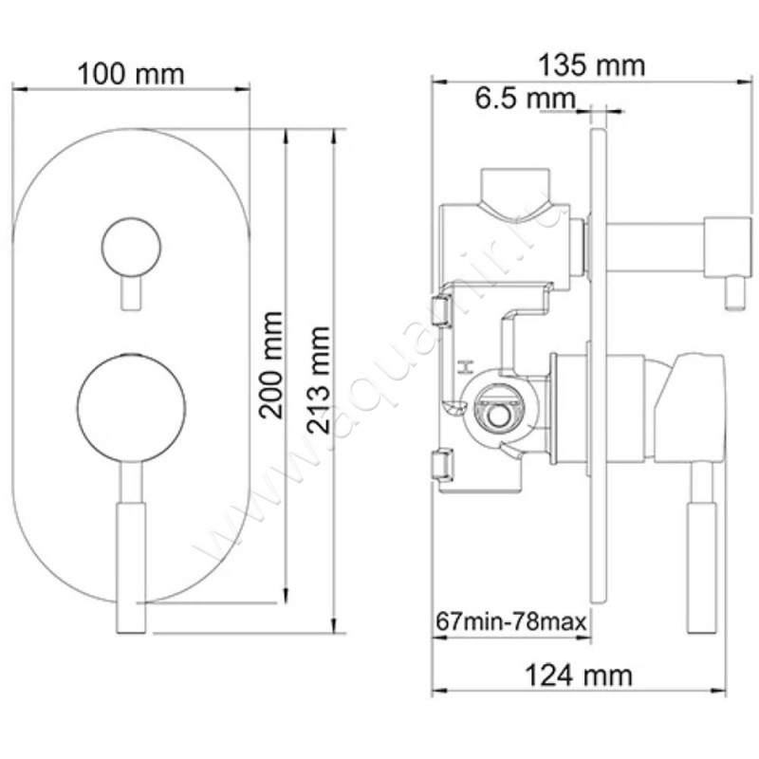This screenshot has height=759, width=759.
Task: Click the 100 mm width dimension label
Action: pyautogui.click(x=130, y=73)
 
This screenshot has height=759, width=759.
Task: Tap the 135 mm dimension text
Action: pyautogui.click(x=591, y=65)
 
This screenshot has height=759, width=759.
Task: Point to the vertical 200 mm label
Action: pyautogui.click(x=273, y=364)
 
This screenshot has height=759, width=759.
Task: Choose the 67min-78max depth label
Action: pyautogui.click(x=511, y=622)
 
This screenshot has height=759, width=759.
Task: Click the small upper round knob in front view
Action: pyautogui.click(x=131, y=246)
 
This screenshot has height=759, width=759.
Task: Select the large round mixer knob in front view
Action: pyautogui.click(x=131, y=408)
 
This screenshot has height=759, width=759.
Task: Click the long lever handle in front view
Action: pyautogui.click(x=131, y=550)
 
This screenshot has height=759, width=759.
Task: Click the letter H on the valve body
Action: pyautogui.click(x=465, y=367)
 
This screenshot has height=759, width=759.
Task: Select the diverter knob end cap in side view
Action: pyautogui.click(x=726, y=247)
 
